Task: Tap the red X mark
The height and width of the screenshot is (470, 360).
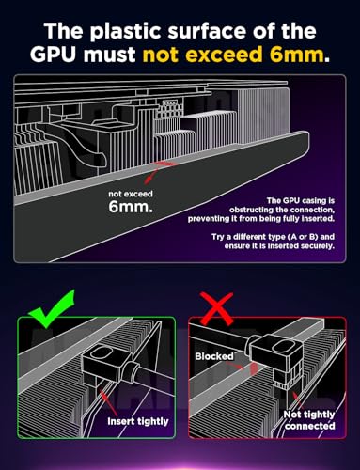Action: tap(217, 308)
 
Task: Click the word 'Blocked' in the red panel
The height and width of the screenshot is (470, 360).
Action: tap(214, 356)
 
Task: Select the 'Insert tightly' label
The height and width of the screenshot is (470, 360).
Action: tap(138, 421)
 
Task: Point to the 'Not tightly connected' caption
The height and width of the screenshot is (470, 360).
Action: tap(309, 420)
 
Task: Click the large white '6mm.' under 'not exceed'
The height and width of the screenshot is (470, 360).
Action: tap(131, 207)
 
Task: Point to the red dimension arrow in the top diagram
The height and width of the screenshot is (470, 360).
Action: tap(157, 172)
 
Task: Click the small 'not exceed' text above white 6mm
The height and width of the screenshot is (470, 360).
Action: tap(131, 194)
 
